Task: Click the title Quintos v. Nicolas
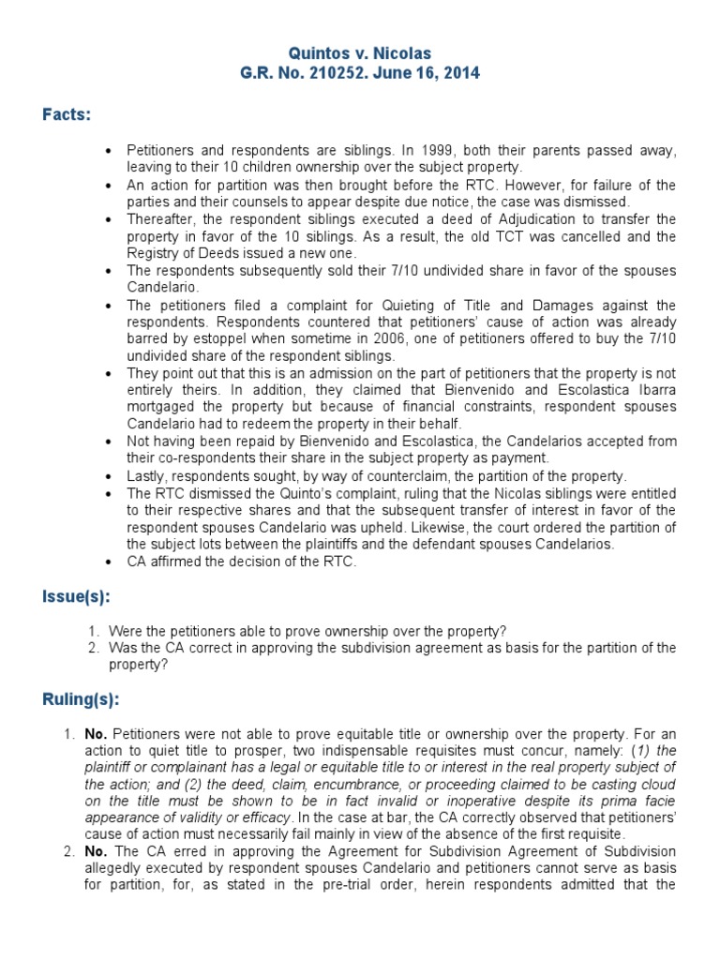coord(359,54)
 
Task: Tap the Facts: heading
coord(67,114)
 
